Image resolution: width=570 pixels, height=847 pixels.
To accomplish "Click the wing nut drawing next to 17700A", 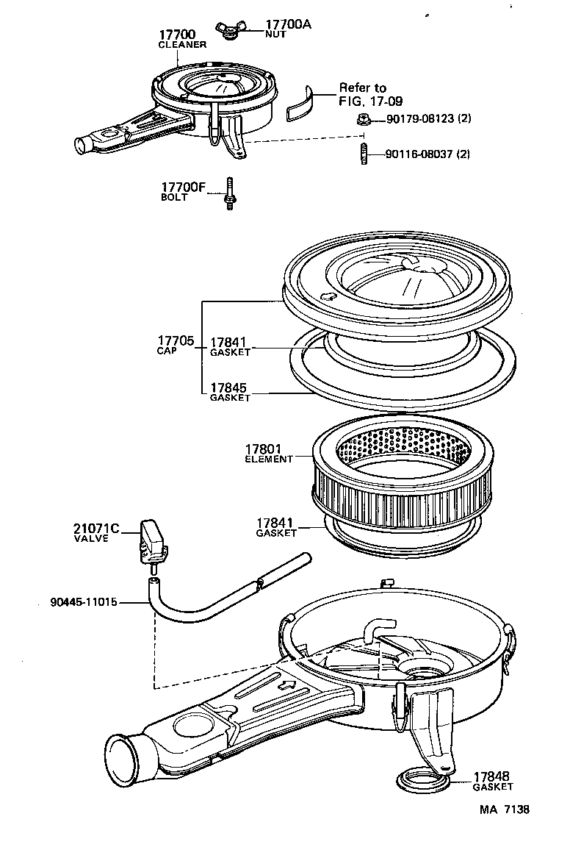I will coord(228,29).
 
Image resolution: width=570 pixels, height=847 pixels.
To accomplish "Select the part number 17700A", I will coord(287,24).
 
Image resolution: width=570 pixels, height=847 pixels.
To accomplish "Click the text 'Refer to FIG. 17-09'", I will coord(367,94).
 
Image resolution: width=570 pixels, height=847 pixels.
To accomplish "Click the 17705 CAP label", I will coord(175,344).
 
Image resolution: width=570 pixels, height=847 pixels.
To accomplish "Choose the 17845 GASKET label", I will coord(230,390).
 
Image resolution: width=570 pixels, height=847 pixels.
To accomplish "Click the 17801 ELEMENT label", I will coord(267,452).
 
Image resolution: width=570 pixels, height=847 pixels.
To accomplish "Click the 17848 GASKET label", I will coord(492,780).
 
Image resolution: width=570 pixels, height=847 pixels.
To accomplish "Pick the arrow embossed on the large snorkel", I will coord(290,687).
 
